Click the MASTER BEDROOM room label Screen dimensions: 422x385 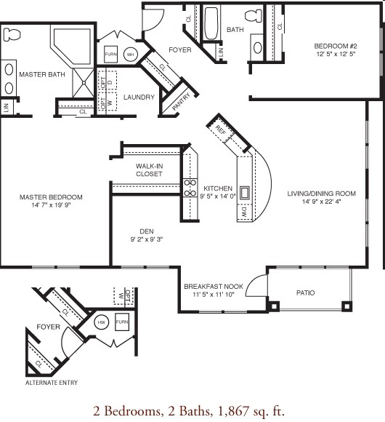tap(51, 197)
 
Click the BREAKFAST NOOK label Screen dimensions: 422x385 tap(211, 286)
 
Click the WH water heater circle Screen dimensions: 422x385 tap(131, 54)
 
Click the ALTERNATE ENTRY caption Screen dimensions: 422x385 tap(52, 382)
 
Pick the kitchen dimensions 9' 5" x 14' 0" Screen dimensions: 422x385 tap(217, 196)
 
